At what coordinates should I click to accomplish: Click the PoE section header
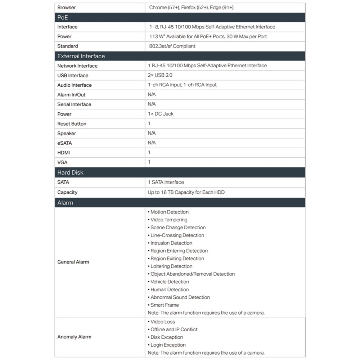pos(63,18)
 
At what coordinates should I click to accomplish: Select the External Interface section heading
pos(81,56)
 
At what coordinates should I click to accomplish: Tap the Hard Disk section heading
pos(70,172)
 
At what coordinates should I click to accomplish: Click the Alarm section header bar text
pos(65,203)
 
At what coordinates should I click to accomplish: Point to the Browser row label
pos(67,8)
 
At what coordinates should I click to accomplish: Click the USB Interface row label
pos(73,76)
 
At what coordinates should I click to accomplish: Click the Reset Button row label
pos(72,124)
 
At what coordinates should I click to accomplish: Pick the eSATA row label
pos(64,143)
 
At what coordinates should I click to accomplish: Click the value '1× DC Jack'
pos(161,114)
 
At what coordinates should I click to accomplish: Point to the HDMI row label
pos(64,153)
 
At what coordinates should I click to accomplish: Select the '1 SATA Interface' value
pos(166,182)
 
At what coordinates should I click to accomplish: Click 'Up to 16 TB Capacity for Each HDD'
pos(186,192)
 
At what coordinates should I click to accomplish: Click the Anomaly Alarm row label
pos(74,337)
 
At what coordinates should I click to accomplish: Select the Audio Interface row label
pos(75,85)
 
